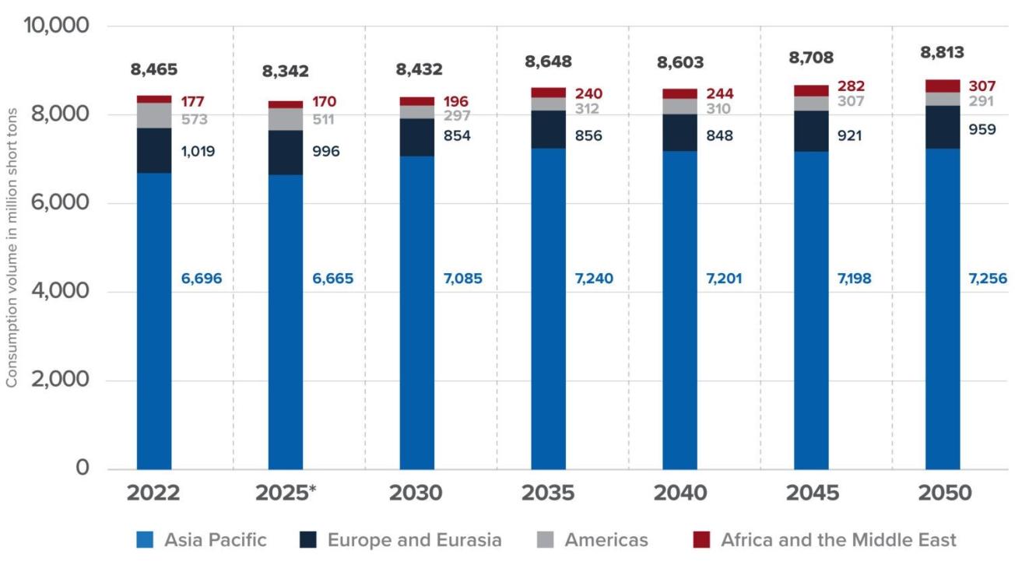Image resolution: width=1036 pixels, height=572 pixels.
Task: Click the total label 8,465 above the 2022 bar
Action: tap(154, 69)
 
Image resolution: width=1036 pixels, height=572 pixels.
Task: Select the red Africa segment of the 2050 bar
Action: tap(943, 86)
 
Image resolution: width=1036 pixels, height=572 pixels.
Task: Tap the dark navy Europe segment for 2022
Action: tap(154, 151)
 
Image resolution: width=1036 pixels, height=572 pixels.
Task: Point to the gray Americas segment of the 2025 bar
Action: tap(286, 119)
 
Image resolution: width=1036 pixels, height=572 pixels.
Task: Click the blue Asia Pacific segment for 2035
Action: tap(548, 309)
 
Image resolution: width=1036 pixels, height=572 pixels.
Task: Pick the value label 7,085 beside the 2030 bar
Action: tap(462, 279)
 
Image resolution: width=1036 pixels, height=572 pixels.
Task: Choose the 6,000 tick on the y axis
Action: tap(60, 202)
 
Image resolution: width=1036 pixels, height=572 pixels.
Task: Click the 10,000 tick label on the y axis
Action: tap(56, 25)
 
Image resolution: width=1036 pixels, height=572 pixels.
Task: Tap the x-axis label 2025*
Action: tap(286, 493)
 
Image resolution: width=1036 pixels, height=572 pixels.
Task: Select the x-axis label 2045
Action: tap(812, 493)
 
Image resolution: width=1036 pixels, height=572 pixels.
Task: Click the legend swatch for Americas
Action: tap(546, 539)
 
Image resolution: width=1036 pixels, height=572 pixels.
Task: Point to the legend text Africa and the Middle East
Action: tap(838, 539)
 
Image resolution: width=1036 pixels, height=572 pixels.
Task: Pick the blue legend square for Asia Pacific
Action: tap(145, 539)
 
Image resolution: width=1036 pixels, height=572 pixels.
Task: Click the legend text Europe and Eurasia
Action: tap(414, 539)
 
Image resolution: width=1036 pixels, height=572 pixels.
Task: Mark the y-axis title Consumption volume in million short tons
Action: tap(11, 247)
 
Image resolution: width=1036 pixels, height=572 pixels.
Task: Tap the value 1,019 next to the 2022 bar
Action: tap(198, 151)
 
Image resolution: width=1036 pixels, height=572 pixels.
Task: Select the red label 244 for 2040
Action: tap(720, 94)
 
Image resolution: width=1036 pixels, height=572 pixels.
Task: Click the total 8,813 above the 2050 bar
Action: tap(942, 52)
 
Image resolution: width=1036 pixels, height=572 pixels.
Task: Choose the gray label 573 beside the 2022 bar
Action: tap(195, 119)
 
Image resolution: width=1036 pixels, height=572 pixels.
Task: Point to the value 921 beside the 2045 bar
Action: tap(850, 135)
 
